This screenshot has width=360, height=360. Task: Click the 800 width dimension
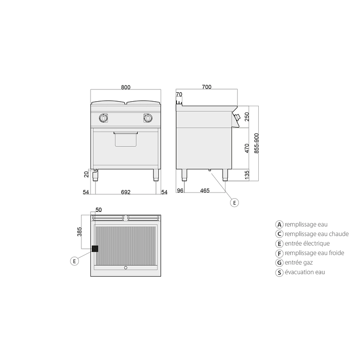126,87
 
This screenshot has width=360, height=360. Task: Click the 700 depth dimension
207,87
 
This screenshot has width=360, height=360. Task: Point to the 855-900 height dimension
256,143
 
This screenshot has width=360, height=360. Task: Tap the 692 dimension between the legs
126,192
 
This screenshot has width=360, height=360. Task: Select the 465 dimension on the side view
205,190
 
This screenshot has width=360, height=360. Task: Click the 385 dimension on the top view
80,232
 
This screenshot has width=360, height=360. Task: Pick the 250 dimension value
247,117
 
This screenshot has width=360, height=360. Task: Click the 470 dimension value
247,148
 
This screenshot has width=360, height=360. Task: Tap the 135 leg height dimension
247,175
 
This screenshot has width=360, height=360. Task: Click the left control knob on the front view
103,118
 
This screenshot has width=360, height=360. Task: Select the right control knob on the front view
148,118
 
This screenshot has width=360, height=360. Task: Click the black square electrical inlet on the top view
95,249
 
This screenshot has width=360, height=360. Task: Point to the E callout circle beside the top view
74,261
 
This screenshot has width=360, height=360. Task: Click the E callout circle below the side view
234,203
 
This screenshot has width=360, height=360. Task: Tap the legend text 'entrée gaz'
299,262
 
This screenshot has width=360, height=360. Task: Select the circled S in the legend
279,273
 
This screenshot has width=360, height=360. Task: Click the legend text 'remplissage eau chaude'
317,234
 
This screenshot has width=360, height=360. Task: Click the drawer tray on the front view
126,139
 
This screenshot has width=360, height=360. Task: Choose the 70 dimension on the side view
179,94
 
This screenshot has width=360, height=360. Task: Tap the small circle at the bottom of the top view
126,268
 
